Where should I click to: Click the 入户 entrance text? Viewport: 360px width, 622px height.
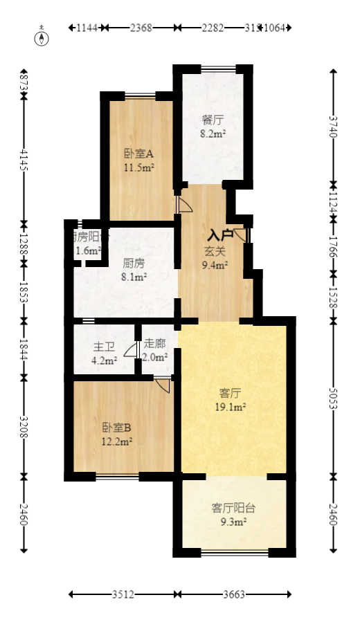pyautogui.click(x=221, y=235)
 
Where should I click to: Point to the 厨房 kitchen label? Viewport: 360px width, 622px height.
pyautogui.click(x=134, y=263)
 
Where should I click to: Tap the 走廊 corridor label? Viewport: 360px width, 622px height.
pyautogui.click(x=155, y=344)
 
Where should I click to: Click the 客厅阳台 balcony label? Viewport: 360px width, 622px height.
pyautogui.click(x=233, y=508)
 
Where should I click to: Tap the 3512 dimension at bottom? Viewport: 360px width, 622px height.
pyautogui.click(x=123, y=594)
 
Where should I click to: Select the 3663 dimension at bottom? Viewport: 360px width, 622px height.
pyautogui.click(x=235, y=594)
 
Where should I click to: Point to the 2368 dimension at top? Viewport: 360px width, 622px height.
pyautogui.click(x=141, y=28)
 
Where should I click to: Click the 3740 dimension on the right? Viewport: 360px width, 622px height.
pyautogui.click(x=333, y=127)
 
